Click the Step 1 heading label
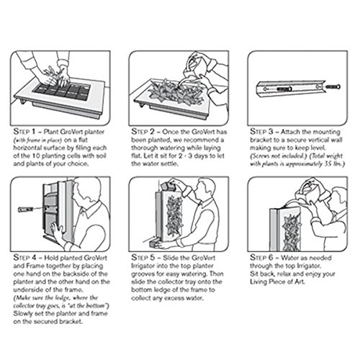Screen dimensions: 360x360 tap(24, 132)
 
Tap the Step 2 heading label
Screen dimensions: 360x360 tap(143, 132)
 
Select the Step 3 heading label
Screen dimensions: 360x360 tap(261, 132)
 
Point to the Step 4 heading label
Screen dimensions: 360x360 tap(24, 258)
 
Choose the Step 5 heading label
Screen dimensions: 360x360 tap(143, 258)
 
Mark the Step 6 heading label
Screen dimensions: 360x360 tap(261, 258)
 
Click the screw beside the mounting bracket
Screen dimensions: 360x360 tap(333, 86)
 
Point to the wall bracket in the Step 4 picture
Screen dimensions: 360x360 tap(25, 210)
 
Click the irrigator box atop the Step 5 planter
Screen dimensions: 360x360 tap(167, 186)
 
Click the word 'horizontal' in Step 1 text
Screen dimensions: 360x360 tap(27, 148)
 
